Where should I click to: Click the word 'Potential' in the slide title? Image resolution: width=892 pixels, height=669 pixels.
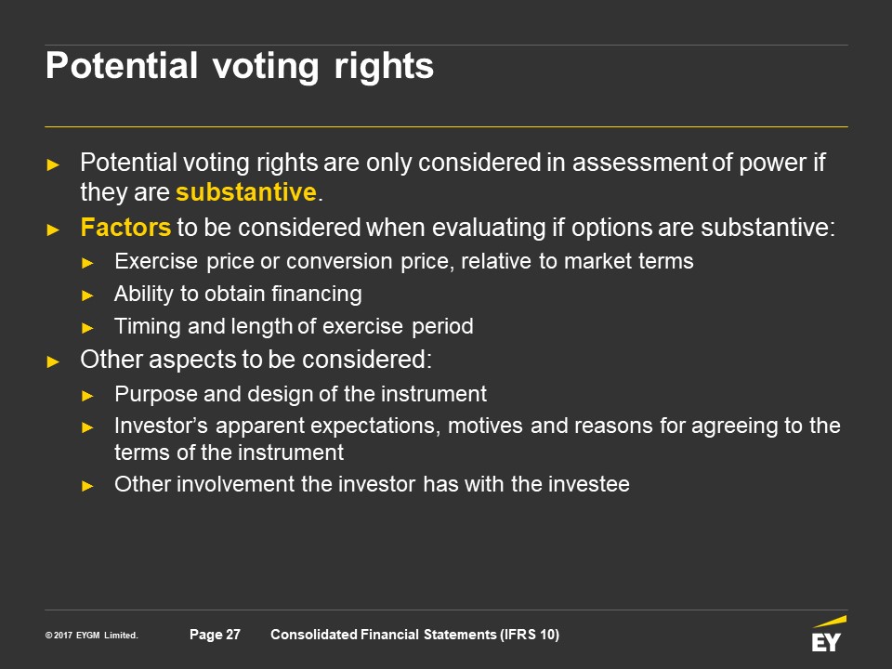click(x=122, y=65)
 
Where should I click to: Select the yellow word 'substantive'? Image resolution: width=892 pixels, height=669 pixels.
click(x=245, y=191)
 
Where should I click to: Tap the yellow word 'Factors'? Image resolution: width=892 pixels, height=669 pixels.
click(x=125, y=228)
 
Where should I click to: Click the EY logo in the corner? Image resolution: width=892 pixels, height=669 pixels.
click(x=828, y=634)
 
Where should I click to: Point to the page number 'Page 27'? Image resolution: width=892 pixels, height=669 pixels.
click(x=215, y=635)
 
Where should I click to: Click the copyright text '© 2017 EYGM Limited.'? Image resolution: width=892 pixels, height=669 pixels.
click(x=92, y=635)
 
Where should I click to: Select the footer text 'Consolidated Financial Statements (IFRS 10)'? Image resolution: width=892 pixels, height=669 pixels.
click(x=414, y=635)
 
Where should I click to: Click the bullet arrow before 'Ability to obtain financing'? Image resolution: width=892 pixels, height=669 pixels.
click(x=87, y=295)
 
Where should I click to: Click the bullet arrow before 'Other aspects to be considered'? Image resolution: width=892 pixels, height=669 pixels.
click(x=53, y=361)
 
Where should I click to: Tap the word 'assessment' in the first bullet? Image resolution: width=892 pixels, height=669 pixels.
click(x=639, y=163)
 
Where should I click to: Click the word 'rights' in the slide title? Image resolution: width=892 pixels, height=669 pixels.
click(x=384, y=67)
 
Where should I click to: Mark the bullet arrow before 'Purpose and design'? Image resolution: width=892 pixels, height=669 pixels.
click(x=87, y=396)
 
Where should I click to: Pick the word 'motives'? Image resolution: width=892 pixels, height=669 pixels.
click(x=485, y=426)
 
